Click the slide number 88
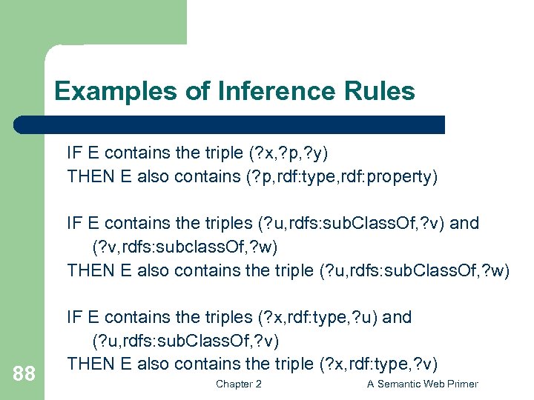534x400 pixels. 24,374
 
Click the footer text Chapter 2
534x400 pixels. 238,384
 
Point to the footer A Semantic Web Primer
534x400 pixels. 423,384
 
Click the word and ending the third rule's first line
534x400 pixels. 397,317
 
